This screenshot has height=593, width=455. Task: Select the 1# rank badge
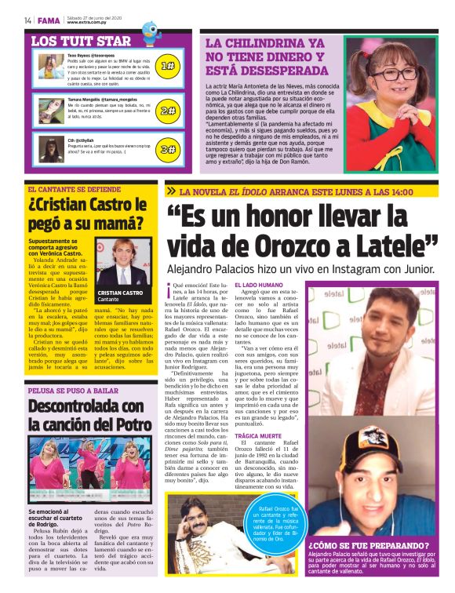click(167, 67)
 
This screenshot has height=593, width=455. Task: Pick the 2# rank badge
click(167, 111)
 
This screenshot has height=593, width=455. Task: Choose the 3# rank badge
click(167, 149)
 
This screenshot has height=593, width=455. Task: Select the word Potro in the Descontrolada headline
click(129, 425)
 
